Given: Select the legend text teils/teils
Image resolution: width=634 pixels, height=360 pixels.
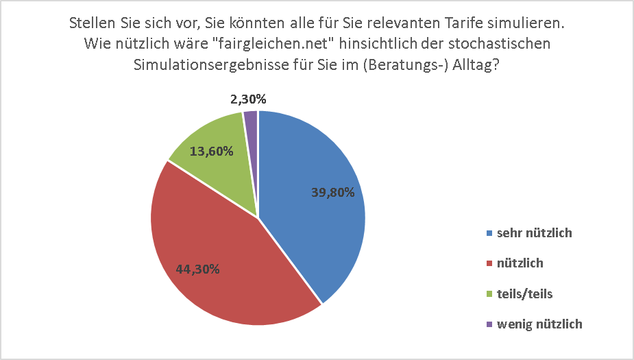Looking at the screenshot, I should point(524,293).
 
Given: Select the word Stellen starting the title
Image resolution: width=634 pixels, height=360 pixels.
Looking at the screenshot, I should point(91,23).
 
